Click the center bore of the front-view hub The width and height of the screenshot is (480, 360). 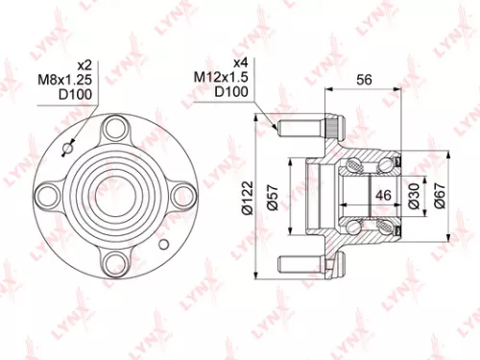[x=117, y=195]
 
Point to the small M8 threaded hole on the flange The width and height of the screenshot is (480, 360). [x=67, y=148]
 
